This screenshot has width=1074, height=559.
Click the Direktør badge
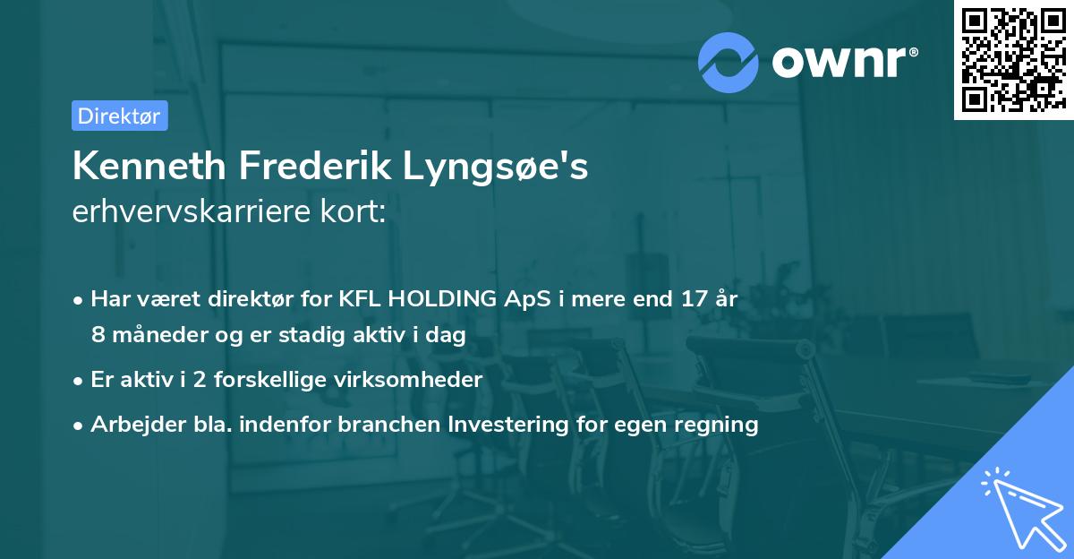click(119, 116)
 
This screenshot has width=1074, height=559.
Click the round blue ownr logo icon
click(729, 62)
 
